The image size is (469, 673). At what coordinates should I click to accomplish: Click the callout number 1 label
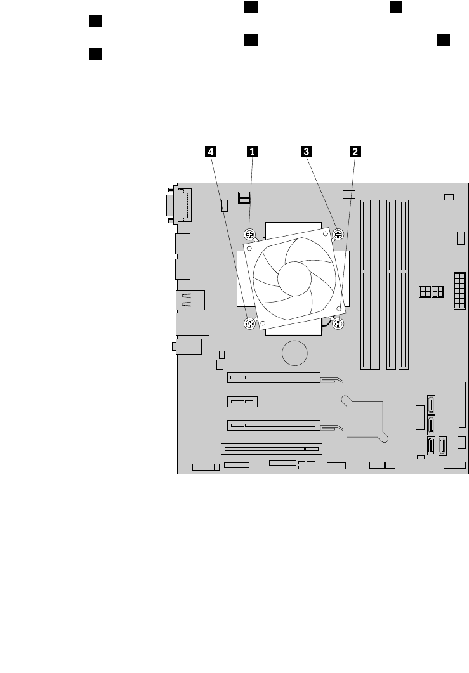[x=253, y=151]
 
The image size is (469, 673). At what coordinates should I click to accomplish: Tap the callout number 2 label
[x=355, y=151]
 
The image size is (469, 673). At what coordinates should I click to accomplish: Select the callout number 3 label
[x=307, y=151]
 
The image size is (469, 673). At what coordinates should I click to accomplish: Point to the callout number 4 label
[x=210, y=151]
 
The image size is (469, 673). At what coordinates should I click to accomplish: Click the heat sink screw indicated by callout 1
[x=251, y=234]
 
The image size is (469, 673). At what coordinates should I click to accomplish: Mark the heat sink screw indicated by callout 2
[x=338, y=323]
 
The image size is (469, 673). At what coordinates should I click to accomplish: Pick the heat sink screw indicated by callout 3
[x=338, y=234]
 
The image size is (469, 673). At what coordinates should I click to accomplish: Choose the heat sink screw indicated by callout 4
[x=250, y=323]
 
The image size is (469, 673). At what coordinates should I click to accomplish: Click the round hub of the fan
[x=294, y=278]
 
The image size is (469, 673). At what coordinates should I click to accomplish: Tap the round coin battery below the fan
[x=295, y=353]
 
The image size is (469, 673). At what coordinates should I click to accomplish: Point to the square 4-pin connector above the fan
[x=243, y=198]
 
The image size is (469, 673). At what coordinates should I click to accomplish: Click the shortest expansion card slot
[x=242, y=402]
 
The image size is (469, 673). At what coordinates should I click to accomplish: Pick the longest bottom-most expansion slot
[x=272, y=448]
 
